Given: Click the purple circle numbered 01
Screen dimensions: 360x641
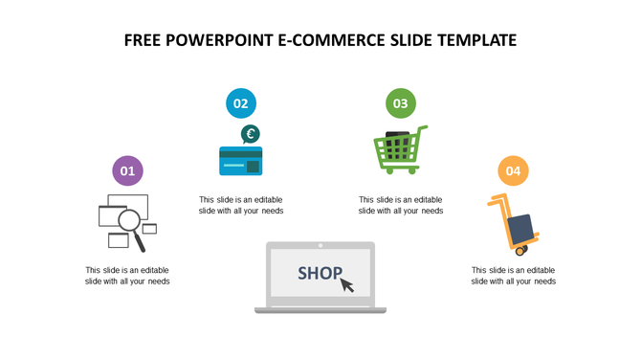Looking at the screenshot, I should (127, 171).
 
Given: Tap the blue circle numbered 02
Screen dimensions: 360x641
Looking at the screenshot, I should (240, 103).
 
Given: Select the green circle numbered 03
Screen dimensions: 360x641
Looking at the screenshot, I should (400, 103).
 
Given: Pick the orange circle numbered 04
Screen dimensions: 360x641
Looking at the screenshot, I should (514, 171).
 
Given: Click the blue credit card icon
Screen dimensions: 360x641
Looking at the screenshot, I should (240, 161).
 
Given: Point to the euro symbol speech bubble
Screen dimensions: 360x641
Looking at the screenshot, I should (250, 134).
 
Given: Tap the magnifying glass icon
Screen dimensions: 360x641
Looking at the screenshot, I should (141, 224).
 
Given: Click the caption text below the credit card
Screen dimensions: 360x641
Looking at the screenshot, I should (241, 205).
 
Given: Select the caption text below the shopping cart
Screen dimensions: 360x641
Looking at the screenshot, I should (401, 205).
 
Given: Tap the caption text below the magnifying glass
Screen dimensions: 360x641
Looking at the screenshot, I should (127, 276).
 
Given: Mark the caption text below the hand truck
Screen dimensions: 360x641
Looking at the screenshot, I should (514, 276).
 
